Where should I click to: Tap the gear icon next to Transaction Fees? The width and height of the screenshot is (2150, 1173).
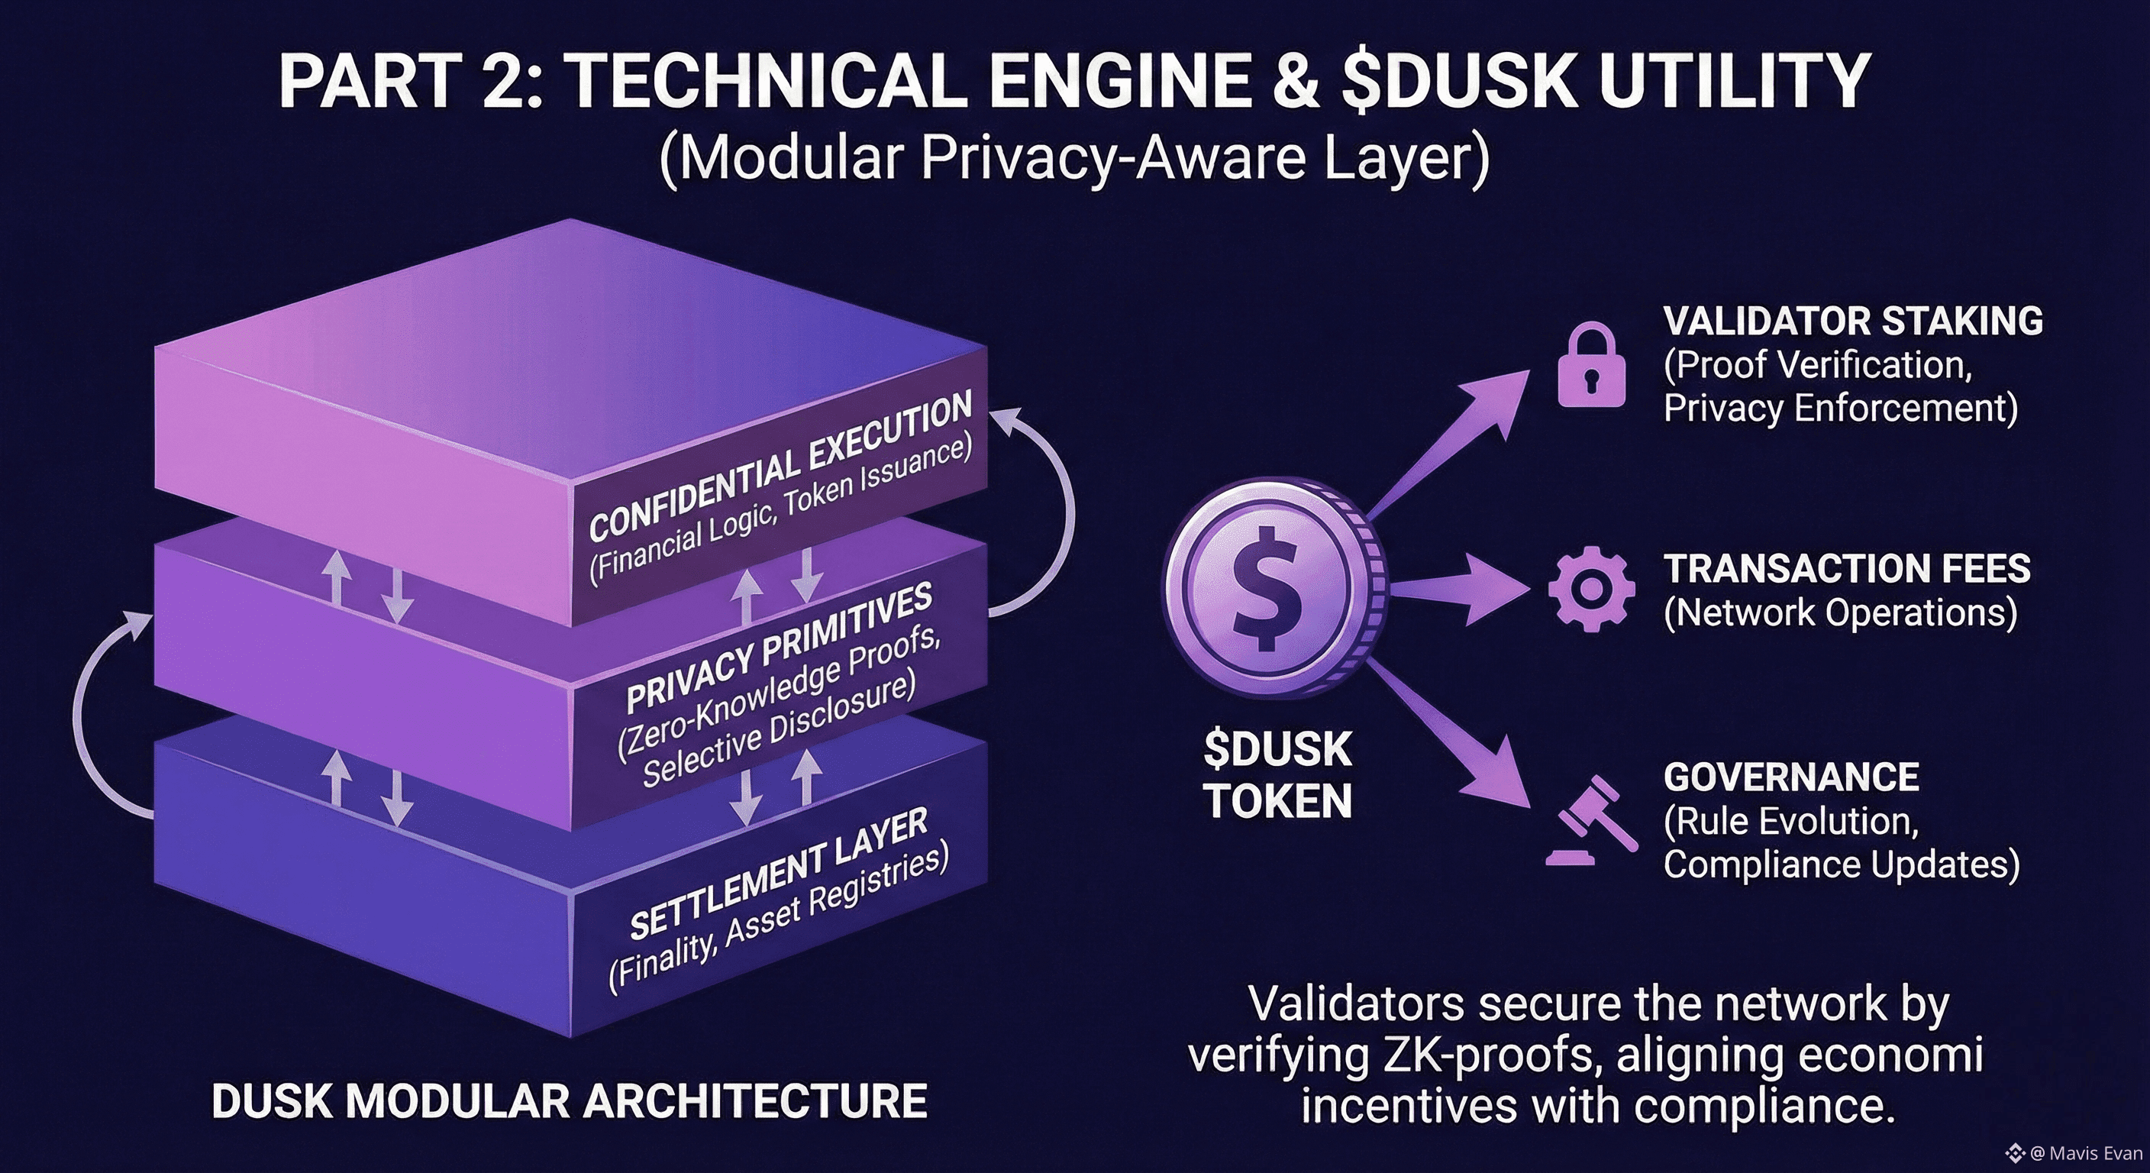click(x=1591, y=590)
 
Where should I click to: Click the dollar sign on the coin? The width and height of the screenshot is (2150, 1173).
click(x=1267, y=588)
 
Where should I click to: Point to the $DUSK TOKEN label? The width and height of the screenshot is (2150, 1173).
click(x=1277, y=775)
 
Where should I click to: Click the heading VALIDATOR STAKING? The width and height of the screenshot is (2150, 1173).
click(x=1853, y=321)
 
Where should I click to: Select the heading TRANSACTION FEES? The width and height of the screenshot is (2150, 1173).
click(x=1847, y=568)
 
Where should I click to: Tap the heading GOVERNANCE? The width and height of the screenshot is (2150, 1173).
click(x=1791, y=777)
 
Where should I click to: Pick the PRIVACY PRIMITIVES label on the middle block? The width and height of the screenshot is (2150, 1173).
click(x=779, y=647)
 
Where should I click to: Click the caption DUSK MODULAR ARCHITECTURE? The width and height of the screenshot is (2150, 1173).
click(x=570, y=1101)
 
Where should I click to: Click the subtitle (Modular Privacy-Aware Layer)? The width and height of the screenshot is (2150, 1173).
click(x=1074, y=158)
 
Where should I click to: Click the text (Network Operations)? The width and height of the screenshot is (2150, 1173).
click(x=1840, y=612)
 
